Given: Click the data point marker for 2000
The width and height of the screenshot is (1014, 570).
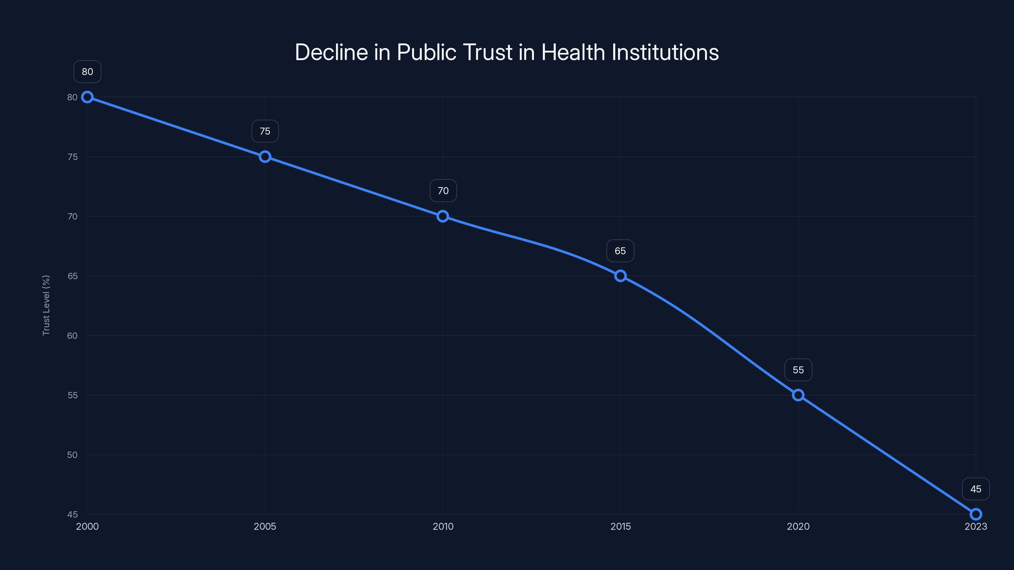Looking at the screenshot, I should coord(87,97).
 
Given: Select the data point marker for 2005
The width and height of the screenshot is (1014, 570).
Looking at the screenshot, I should coord(265,156).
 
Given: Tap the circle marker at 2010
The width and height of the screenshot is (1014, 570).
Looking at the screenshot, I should coord(443,216).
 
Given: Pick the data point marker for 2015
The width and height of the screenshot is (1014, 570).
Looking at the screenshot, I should coord(620,276).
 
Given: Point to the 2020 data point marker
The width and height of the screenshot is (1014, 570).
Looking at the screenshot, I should coord(798,395).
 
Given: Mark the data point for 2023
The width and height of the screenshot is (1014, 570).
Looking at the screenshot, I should coord(976,514).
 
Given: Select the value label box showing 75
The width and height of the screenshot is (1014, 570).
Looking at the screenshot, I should coord(265,131).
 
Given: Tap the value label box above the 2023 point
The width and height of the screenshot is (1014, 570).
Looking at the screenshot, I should coord(976,489).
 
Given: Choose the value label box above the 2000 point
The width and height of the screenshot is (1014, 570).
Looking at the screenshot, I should coord(87,72).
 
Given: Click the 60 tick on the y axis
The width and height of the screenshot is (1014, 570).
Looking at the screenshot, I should coord(73,336).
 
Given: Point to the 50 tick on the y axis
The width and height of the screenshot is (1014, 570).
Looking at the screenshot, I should coord(73,455).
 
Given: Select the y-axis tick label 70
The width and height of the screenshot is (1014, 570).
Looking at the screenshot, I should coord(73,216).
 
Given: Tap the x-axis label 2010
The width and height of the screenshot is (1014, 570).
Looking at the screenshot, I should coord(443,526).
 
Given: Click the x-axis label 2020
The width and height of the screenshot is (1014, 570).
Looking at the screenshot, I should coord(798,526).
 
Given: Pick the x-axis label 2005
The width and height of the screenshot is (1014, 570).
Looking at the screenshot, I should coord(265,526).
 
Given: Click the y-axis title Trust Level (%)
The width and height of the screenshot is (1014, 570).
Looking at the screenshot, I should coord(46,305).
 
